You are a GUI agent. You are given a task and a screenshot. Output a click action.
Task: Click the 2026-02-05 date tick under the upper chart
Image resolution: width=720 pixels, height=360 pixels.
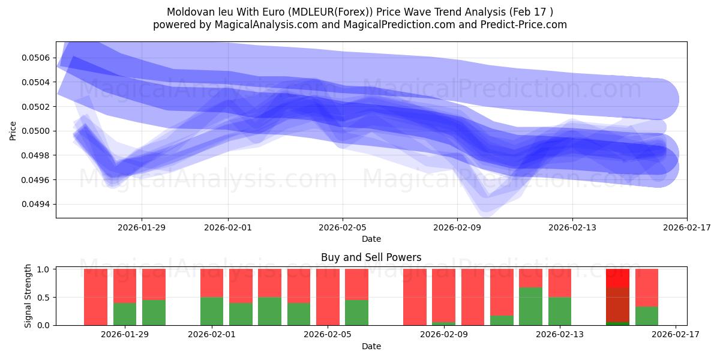[343, 227]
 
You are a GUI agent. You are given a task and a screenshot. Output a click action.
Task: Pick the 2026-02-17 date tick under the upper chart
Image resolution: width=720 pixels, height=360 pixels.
[686, 227]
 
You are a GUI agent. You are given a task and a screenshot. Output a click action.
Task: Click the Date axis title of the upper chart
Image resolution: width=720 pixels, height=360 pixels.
[371, 239]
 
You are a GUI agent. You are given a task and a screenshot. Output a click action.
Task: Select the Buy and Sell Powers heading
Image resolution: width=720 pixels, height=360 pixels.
[371, 257]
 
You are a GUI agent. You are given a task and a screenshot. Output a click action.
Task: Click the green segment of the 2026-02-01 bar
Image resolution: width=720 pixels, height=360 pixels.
[212, 311]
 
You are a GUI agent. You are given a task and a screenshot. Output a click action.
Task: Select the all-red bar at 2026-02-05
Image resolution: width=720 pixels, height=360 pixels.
[328, 297]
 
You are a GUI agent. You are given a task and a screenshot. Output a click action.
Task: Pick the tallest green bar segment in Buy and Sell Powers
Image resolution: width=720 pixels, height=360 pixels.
[530, 306]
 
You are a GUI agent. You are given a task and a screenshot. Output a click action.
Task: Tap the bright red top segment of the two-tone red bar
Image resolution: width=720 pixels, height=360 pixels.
[617, 278]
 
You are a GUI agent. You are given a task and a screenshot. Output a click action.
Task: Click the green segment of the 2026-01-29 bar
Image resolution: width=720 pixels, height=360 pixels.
[125, 314]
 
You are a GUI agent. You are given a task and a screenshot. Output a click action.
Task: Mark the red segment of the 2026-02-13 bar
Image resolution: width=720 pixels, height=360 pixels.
[560, 283]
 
